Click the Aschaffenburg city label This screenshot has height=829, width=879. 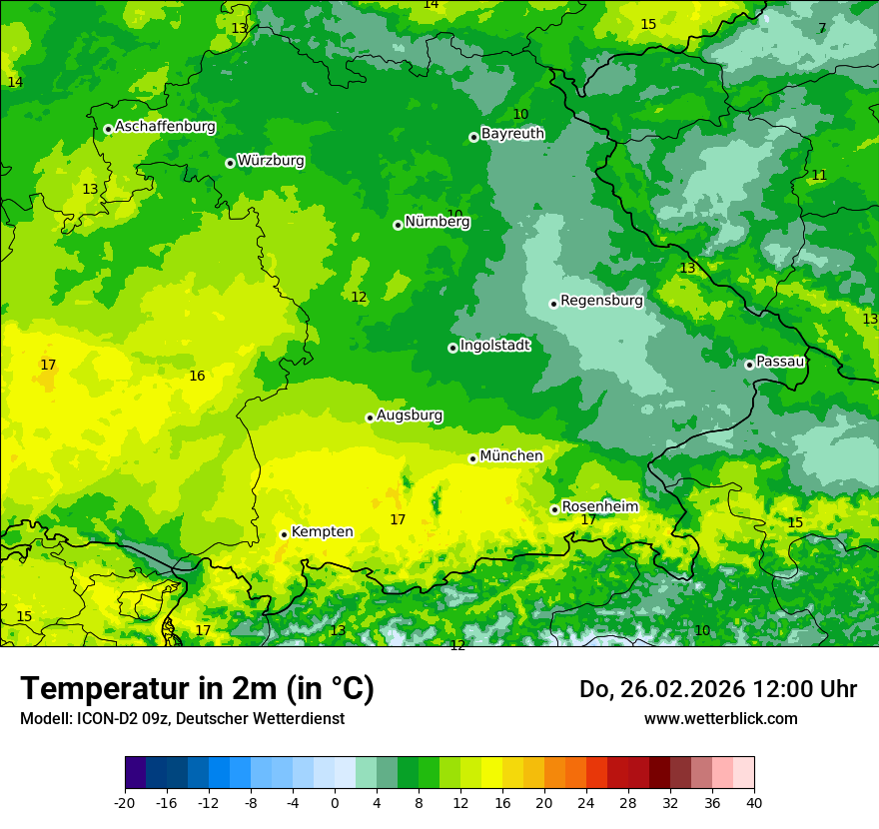pos(165,127)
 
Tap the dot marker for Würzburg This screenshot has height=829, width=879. pos(230,163)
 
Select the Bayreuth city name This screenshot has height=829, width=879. pos(512,133)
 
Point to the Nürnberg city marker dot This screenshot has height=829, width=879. pos(398,225)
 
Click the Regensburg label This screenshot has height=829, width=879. pos(601,300)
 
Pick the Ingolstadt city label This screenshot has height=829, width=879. pos(494,345)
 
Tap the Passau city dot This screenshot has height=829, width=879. pos(749,365)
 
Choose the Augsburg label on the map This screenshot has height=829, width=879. pos(410,414)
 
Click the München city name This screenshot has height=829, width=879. pos(511,455)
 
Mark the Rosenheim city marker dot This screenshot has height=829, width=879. pos(554,509)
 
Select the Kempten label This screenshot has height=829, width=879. pos(322,531)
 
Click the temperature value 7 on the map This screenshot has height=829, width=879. pos(822,28)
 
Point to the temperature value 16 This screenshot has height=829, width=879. pos(197,376)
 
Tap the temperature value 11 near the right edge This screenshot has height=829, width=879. pos(819,175)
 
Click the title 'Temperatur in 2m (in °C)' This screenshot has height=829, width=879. pos(197,688)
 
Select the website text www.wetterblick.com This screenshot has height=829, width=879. pos(720,718)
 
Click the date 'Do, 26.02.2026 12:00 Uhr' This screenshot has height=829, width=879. pos(717,688)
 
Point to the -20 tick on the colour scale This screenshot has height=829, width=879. pos(125,802)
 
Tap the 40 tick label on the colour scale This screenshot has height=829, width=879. pos(754,802)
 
